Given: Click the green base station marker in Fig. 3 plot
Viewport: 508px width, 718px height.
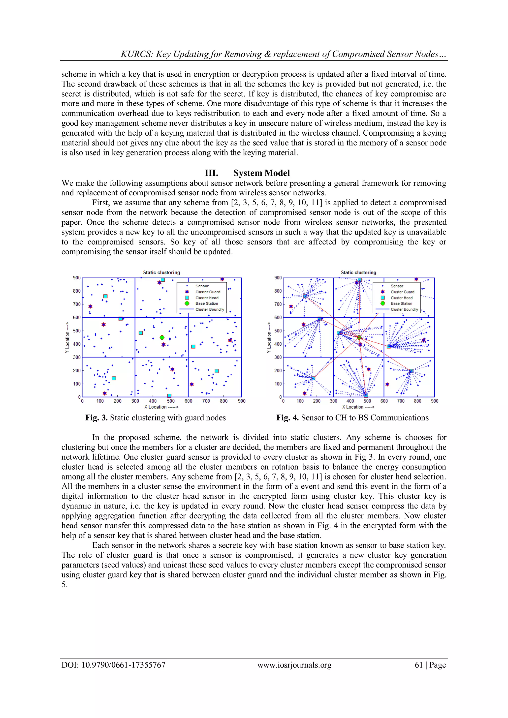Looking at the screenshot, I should tap(162, 337).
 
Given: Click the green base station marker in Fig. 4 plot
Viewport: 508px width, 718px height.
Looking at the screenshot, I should tap(359, 337).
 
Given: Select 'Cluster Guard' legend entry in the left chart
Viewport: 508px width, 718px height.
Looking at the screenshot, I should tap(208, 292).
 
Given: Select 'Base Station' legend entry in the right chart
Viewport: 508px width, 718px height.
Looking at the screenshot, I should tap(401, 303).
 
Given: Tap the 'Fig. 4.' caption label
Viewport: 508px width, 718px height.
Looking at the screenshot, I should tap(287, 418).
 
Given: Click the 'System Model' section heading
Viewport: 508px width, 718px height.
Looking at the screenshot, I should tap(261, 173).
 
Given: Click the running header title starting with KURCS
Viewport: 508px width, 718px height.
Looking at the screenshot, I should tap(284, 54).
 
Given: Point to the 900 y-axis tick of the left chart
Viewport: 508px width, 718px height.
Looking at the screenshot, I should tap(77, 278).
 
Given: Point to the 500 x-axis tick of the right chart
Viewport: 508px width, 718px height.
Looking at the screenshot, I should tap(367, 401).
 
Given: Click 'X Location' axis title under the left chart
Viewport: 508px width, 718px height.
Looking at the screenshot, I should tap(161, 407).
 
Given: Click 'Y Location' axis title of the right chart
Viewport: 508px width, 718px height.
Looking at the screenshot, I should tap(268, 338).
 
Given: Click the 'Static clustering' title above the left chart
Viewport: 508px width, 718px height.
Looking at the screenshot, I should tap(161, 272).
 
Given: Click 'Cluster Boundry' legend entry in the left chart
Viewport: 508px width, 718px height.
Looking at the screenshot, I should tap(210, 309).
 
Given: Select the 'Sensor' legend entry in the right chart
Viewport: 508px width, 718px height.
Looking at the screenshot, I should tap(397, 286).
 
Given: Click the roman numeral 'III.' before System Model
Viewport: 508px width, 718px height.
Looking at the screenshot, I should tap(211, 173).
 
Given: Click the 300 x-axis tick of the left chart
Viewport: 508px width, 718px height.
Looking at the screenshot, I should tap(135, 401).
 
